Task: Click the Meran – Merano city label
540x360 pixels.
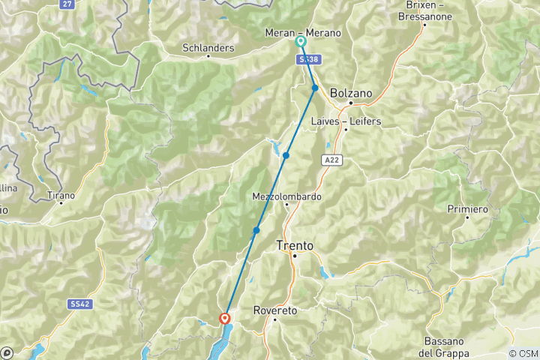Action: click(x=303, y=33)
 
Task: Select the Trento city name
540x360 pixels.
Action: click(x=295, y=244)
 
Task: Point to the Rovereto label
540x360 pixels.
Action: click(x=275, y=310)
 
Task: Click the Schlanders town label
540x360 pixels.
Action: click(x=208, y=48)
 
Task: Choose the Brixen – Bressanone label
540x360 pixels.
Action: click(x=424, y=10)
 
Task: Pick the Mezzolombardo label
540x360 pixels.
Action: click(x=287, y=196)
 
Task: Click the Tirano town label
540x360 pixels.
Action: click(x=61, y=196)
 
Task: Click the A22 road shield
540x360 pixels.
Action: click(x=333, y=160)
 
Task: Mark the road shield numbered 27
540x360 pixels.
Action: click(x=67, y=4)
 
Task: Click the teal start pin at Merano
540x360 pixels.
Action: click(x=301, y=42)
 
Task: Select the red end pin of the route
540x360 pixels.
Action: click(x=225, y=319)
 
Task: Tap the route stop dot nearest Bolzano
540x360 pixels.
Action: click(x=316, y=88)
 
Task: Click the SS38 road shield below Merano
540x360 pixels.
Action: click(x=304, y=58)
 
